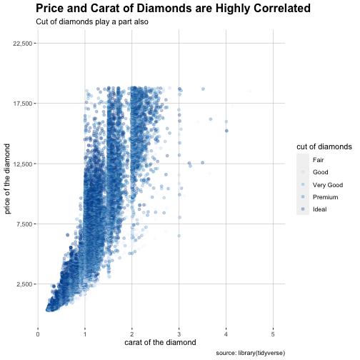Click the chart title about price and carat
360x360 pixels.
tap(173, 9)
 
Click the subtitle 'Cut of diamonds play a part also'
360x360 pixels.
tap(92, 21)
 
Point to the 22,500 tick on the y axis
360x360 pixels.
tap(23, 44)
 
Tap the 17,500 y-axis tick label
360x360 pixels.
tap(23, 104)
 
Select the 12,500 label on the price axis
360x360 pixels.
tap(23, 164)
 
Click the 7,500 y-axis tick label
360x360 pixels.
tap(24, 224)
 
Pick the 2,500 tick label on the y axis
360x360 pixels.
tap(24, 284)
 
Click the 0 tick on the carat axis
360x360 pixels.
tap(38, 334)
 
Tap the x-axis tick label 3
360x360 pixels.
tap(179, 334)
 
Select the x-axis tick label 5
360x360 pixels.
tap(273, 334)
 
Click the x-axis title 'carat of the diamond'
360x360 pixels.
tap(160, 342)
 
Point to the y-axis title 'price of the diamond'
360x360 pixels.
tap(7, 179)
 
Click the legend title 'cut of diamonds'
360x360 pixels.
tap(324, 146)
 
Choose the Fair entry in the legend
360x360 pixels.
tap(318, 160)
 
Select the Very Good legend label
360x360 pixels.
tap(328, 185)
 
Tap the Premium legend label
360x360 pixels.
tap(325, 197)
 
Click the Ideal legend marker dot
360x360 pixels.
tap(303, 209)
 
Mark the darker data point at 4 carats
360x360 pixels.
tap(226, 131)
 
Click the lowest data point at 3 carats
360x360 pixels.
tap(179, 236)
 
